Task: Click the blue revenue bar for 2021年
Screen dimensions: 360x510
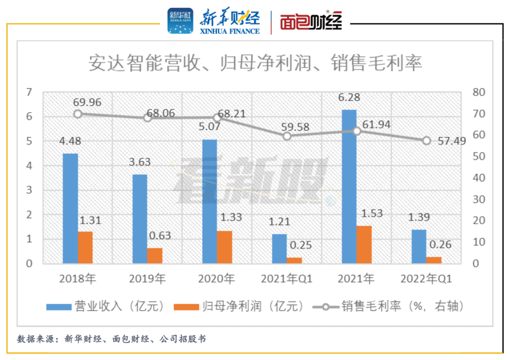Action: coord(349,187)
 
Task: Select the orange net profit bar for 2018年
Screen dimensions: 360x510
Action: coord(85,247)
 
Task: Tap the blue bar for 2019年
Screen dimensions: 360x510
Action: coord(140,219)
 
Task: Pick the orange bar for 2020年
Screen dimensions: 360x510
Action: coord(225,247)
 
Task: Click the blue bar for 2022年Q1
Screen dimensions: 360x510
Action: coord(418,246)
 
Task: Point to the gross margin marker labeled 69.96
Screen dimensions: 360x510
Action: coord(78,114)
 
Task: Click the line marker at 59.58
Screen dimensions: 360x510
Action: coord(287,136)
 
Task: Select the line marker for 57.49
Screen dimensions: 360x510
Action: coord(426,140)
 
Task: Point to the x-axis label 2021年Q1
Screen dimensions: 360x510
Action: coord(287,279)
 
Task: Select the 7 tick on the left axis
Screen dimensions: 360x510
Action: coord(30,92)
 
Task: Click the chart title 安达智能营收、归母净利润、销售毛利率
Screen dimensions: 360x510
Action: coord(255,63)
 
